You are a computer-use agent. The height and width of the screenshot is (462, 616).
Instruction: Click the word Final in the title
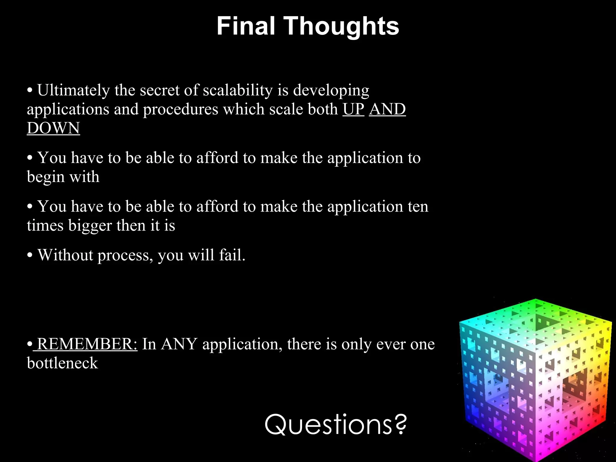(x=245, y=26)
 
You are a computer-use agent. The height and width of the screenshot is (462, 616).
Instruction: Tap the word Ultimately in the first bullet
(x=73, y=90)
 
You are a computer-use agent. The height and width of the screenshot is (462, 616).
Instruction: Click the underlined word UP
(x=353, y=109)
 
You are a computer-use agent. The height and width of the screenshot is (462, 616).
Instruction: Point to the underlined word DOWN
(x=53, y=128)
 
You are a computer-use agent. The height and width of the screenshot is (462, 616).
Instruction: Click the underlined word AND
(x=387, y=109)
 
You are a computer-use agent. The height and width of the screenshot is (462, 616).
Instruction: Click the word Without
(x=65, y=255)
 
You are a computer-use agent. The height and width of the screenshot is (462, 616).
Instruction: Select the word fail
(x=232, y=255)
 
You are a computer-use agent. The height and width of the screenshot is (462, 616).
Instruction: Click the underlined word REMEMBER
(x=87, y=344)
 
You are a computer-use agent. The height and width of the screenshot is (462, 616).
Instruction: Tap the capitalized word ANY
(x=179, y=344)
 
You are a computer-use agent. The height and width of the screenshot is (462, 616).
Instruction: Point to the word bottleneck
(x=62, y=363)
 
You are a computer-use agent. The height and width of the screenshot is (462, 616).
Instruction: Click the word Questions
(x=328, y=425)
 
